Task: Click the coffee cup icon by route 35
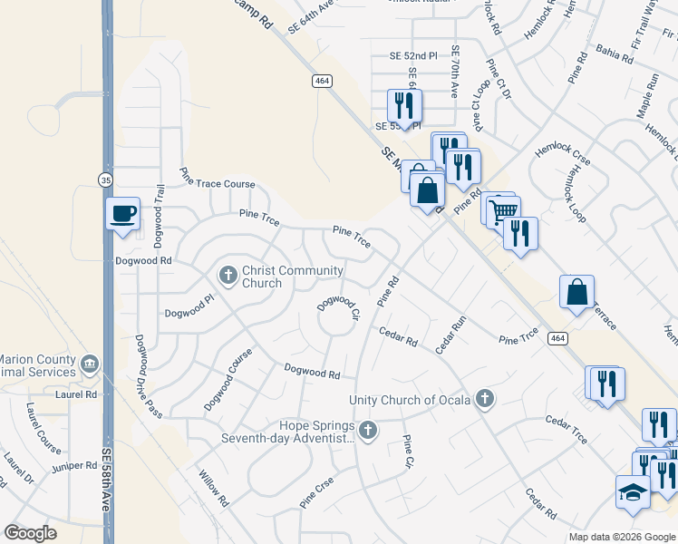click(123, 214)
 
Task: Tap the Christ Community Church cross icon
click(228, 273)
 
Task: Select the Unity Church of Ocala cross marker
click(486, 397)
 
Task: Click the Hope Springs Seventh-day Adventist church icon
click(367, 430)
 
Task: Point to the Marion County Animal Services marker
click(89, 365)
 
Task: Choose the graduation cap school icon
click(633, 491)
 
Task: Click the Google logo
click(30, 533)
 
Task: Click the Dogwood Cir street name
click(339, 308)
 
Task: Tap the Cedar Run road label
click(450, 335)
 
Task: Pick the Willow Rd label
click(214, 489)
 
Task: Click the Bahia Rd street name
click(615, 53)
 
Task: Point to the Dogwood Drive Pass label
click(148, 376)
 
